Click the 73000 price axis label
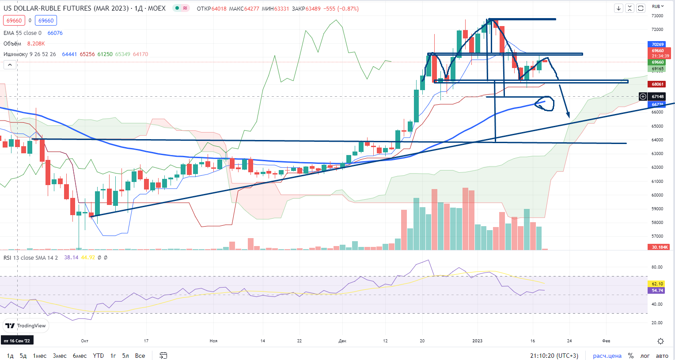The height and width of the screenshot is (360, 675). [x=657, y=16]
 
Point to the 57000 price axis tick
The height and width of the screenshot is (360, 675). [x=657, y=237]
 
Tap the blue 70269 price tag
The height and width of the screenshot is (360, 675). [x=658, y=44]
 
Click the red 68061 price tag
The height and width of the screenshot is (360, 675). [x=658, y=84]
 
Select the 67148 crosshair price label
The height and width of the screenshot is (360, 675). [x=658, y=96]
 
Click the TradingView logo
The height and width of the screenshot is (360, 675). [x=26, y=326]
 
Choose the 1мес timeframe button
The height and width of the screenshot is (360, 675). [x=39, y=356]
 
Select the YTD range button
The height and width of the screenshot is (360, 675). [x=98, y=356]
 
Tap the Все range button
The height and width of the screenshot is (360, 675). [x=140, y=356]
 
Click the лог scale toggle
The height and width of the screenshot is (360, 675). [x=645, y=356]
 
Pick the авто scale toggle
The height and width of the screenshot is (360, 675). [x=662, y=356]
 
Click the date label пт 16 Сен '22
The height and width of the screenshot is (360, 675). [x=17, y=341]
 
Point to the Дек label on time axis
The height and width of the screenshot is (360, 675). [x=342, y=341]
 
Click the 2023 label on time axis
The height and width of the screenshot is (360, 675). [x=478, y=341]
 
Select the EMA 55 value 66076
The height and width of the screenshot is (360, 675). [x=55, y=33]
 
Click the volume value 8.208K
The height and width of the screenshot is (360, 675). [x=36, y=44]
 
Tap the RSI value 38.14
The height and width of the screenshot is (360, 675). [x=71, y=258]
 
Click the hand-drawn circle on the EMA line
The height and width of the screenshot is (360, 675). [x=544, y=103]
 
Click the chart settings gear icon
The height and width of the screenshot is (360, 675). [x=660, y=341]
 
